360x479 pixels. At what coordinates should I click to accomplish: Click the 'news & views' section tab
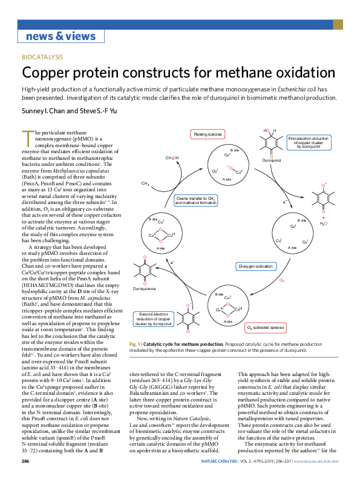point(61,36)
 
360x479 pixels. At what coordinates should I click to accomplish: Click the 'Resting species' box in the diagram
point(208,133)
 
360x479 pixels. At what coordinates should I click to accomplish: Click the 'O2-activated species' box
point(264,328)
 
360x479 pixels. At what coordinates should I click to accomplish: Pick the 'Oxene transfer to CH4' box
point(195,200)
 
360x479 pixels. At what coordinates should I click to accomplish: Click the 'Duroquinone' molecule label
point(144,289)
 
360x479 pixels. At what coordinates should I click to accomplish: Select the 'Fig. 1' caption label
point(135,343)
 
